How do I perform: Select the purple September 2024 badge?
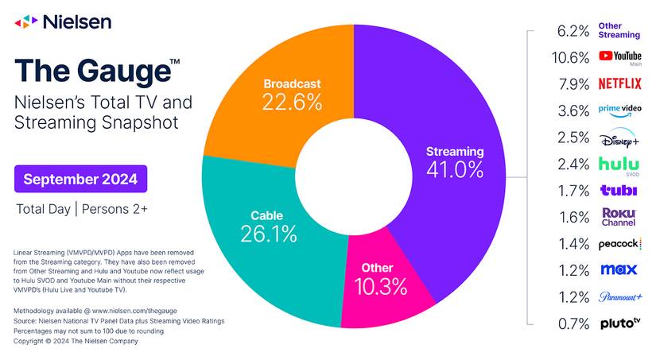point(80,179)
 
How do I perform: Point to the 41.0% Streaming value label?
point(454,168)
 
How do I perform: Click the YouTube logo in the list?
point(619,57)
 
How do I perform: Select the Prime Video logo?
point(619,110)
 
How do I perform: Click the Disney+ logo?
point(619,137)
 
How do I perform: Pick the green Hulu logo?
point(619,164)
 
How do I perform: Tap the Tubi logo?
point(619,191)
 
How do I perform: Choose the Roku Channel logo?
point(619,217)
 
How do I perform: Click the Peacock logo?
point(619,243)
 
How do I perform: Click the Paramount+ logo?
point(619,297)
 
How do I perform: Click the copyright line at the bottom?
point(76,341)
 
